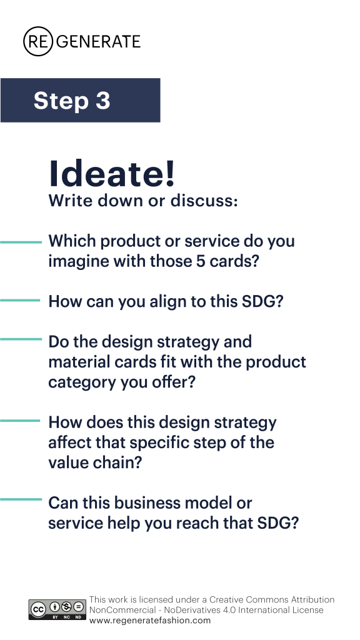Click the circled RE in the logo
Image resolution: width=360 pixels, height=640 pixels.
(38, 41)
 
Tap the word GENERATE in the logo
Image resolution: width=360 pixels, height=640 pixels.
(98, 42)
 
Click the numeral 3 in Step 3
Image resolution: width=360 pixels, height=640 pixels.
(103, 101)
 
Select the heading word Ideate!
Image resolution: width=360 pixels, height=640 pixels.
(112, 174)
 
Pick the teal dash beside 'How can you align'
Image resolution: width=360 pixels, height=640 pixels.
(20, 301)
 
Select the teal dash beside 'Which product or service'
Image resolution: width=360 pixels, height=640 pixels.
(21, 242)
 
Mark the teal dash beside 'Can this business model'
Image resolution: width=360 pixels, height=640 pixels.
(21, 499)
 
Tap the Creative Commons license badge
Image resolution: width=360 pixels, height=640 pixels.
(57, 610)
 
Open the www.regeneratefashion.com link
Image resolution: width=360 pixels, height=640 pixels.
(150, 621)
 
